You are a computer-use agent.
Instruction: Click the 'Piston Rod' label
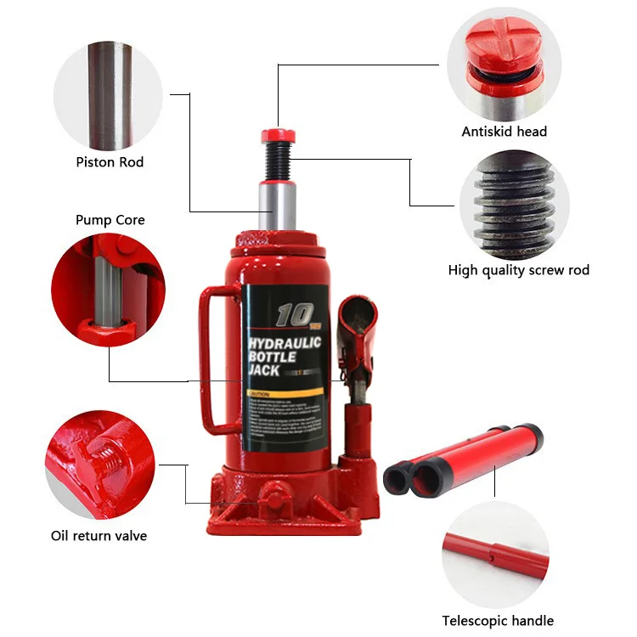(110, 162)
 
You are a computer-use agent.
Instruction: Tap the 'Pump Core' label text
(110, 220)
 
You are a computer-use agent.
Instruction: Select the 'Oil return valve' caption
(98, 536)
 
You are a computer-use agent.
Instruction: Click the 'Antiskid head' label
(504, 132)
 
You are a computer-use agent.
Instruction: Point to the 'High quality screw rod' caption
(518, 270)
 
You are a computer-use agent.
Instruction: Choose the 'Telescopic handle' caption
(498, 621)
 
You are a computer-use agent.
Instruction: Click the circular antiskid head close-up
(505, 64)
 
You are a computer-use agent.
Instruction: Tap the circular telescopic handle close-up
(498, 554)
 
